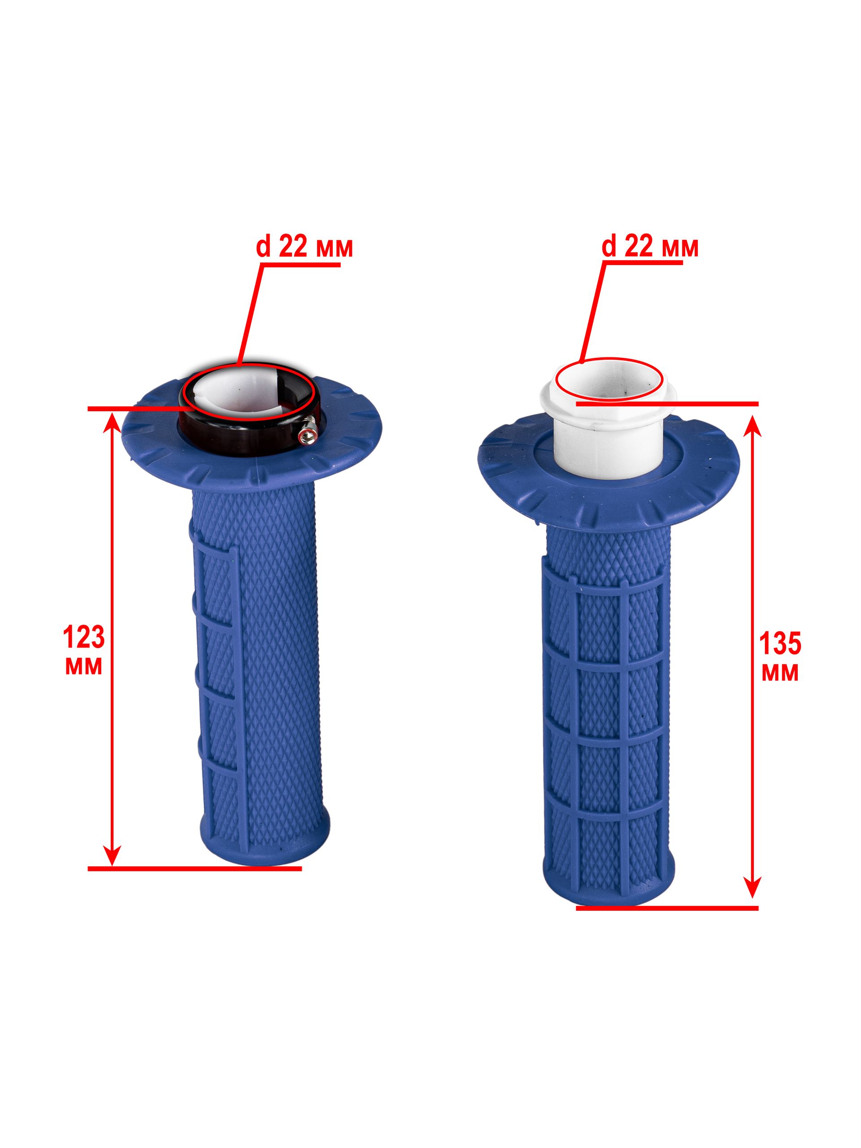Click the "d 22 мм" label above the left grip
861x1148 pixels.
304,248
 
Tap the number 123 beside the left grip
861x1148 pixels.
83,637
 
